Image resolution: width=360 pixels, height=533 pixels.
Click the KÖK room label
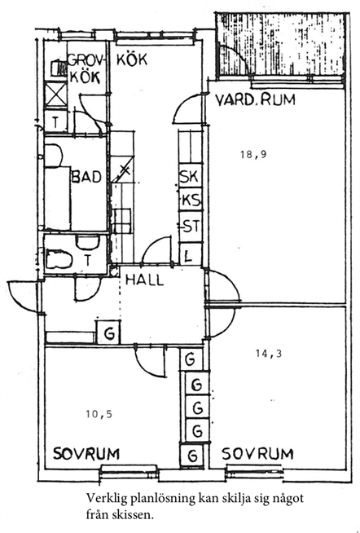(132, 59)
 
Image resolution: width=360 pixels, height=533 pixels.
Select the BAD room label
(86, 177)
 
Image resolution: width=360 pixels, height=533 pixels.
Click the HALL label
(145, 280)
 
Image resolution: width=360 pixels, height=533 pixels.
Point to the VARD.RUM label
(256, 99)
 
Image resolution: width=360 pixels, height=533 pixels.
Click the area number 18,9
(253, 155)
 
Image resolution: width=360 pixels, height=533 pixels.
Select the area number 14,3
(268, 354)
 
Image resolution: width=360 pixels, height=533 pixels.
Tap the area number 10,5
(99, 414)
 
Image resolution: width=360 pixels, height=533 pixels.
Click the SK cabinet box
(191, 176)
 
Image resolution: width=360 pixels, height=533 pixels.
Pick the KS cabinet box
(191, 199)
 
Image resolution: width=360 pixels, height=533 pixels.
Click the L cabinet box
(191, 254)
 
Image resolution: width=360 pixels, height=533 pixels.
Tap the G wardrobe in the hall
(108, 333)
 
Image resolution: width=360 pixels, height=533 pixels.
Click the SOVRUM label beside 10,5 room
(86, 454)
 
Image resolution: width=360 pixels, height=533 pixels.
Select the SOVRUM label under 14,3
(257, 454)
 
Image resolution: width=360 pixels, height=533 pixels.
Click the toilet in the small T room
(59, 259)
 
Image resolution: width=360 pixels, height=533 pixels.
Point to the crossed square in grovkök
(55, 95)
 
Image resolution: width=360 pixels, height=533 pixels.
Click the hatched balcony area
(280, 44)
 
